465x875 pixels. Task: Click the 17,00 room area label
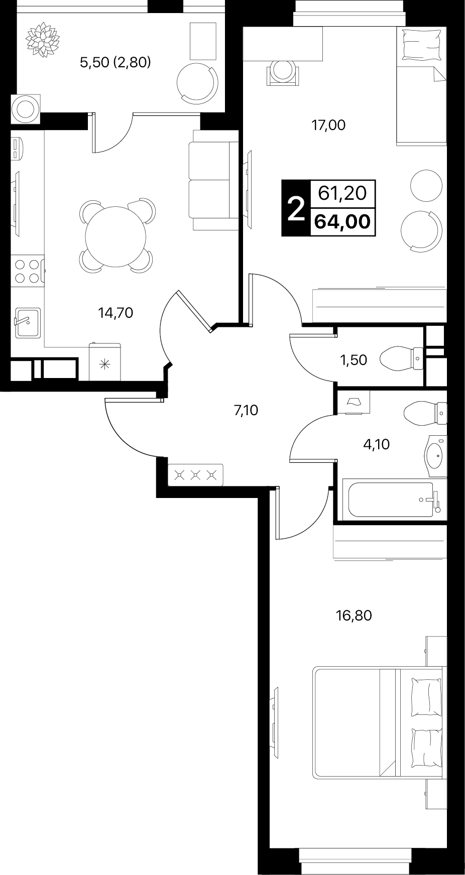click(328, 125)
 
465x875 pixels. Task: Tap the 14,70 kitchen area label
click(115, 313)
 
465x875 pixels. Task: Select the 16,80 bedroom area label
click(354, 615)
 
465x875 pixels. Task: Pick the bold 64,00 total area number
click(344, 221)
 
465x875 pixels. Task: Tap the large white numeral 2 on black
click(296, 208)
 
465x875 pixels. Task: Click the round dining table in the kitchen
click(116, 236)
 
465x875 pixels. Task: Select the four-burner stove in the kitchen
click(28, 271)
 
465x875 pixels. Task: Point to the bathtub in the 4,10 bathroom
click(391, 499)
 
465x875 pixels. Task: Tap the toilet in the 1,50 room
click(402, 358)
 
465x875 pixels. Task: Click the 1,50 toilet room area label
click(354, 360)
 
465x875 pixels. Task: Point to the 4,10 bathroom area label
click(377, 444)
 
